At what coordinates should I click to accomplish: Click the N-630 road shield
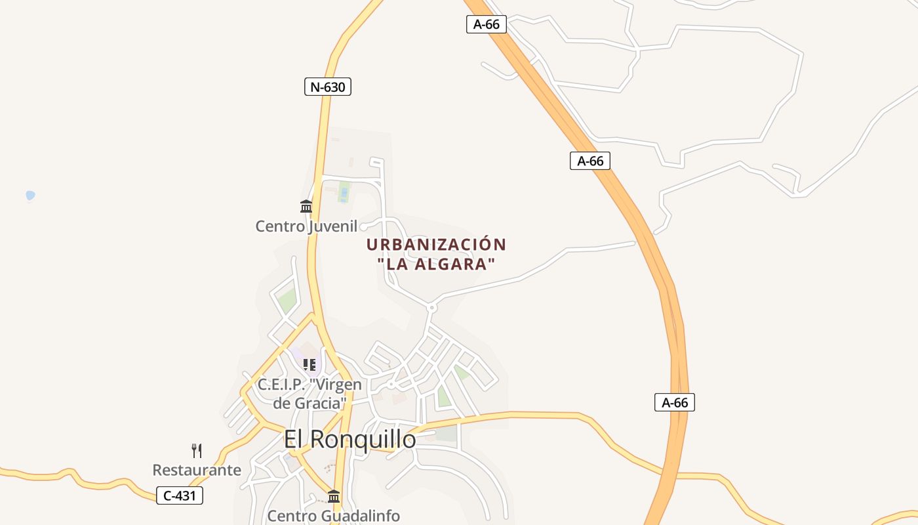(x=328, y=87)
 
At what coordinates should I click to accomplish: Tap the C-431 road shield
(x=180, y=495)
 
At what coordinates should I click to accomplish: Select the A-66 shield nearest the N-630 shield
(x=487, y=24)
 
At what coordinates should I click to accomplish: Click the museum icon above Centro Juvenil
(x=306, y=207)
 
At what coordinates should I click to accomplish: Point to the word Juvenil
(x=334, y=227)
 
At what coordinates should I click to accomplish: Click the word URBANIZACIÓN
(x=436, y=245)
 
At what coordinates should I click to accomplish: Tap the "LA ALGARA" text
(x=436, y=265)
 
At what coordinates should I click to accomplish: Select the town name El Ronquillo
(x=349, y=439)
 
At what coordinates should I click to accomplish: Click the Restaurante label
(x=197, y=470)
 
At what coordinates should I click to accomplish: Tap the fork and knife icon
(x=197, y=450)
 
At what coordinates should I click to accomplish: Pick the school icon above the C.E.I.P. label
(x=309, y=365)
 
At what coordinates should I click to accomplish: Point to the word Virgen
(x=336, y=384)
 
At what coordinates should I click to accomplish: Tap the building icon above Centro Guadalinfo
(x=334, y=496)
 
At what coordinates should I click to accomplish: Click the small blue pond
(x=30, y=195)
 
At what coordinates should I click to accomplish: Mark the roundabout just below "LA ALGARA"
(x=431, y=307)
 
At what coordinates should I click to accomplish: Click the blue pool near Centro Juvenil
(x=344, y=194)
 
